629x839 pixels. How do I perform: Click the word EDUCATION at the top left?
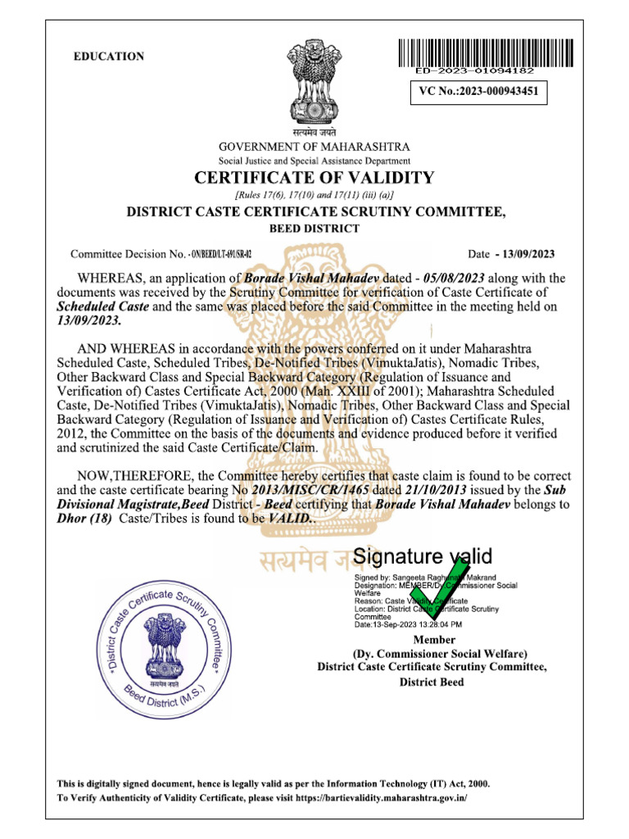(x=109, y=57)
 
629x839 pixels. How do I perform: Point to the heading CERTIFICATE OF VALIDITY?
(x=314, y=178)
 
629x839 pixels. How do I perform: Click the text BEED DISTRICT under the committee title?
(x=314, y=229)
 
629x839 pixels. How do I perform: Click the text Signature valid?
(x=423, y=557)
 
